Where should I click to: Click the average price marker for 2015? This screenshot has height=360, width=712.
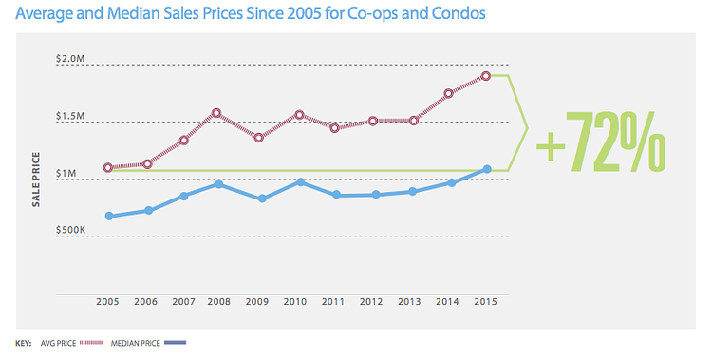[485, 76]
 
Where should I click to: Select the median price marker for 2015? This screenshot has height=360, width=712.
[487, 169]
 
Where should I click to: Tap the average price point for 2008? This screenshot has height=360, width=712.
[216, 113]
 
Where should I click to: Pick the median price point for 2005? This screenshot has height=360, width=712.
[109, 217]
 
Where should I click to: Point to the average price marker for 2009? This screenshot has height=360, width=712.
[258, 138]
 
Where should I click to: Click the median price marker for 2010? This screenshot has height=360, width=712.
[300, 181]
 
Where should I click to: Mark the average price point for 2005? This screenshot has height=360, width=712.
[108, 167]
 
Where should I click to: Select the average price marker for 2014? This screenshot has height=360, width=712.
[449, 93]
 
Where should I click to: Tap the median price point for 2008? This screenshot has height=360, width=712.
[218, 183]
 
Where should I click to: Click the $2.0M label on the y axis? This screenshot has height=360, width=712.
[71, 59]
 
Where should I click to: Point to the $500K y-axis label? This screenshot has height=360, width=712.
[71, 231]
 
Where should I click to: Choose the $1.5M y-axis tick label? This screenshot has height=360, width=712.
[71, 116]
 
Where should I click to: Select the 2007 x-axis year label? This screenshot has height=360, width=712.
[183, 303]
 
